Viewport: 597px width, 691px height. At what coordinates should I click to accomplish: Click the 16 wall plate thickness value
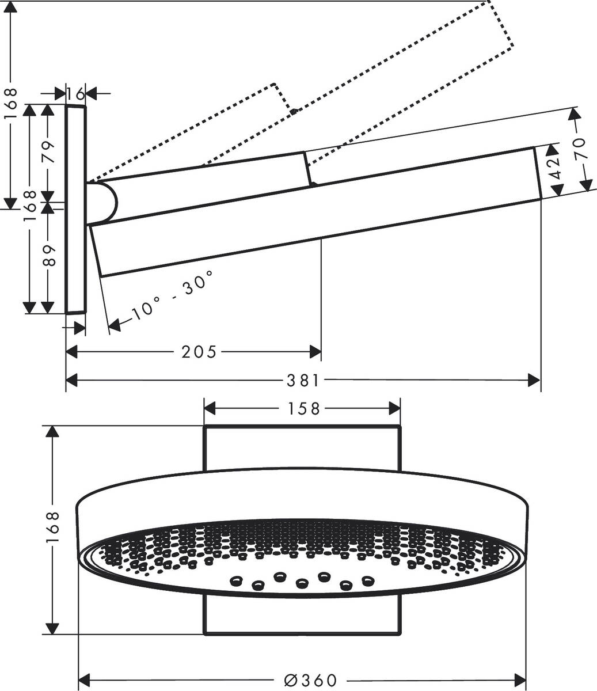pyautogui.click(x=75, y=93)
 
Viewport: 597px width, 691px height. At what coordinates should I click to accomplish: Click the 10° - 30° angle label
pyautogui.click(x=172, y=296)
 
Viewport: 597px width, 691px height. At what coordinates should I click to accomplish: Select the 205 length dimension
pyautogui.click(x=199, y=351)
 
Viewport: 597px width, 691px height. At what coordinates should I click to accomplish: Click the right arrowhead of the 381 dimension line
pyautogui.click(x=535, y=380)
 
